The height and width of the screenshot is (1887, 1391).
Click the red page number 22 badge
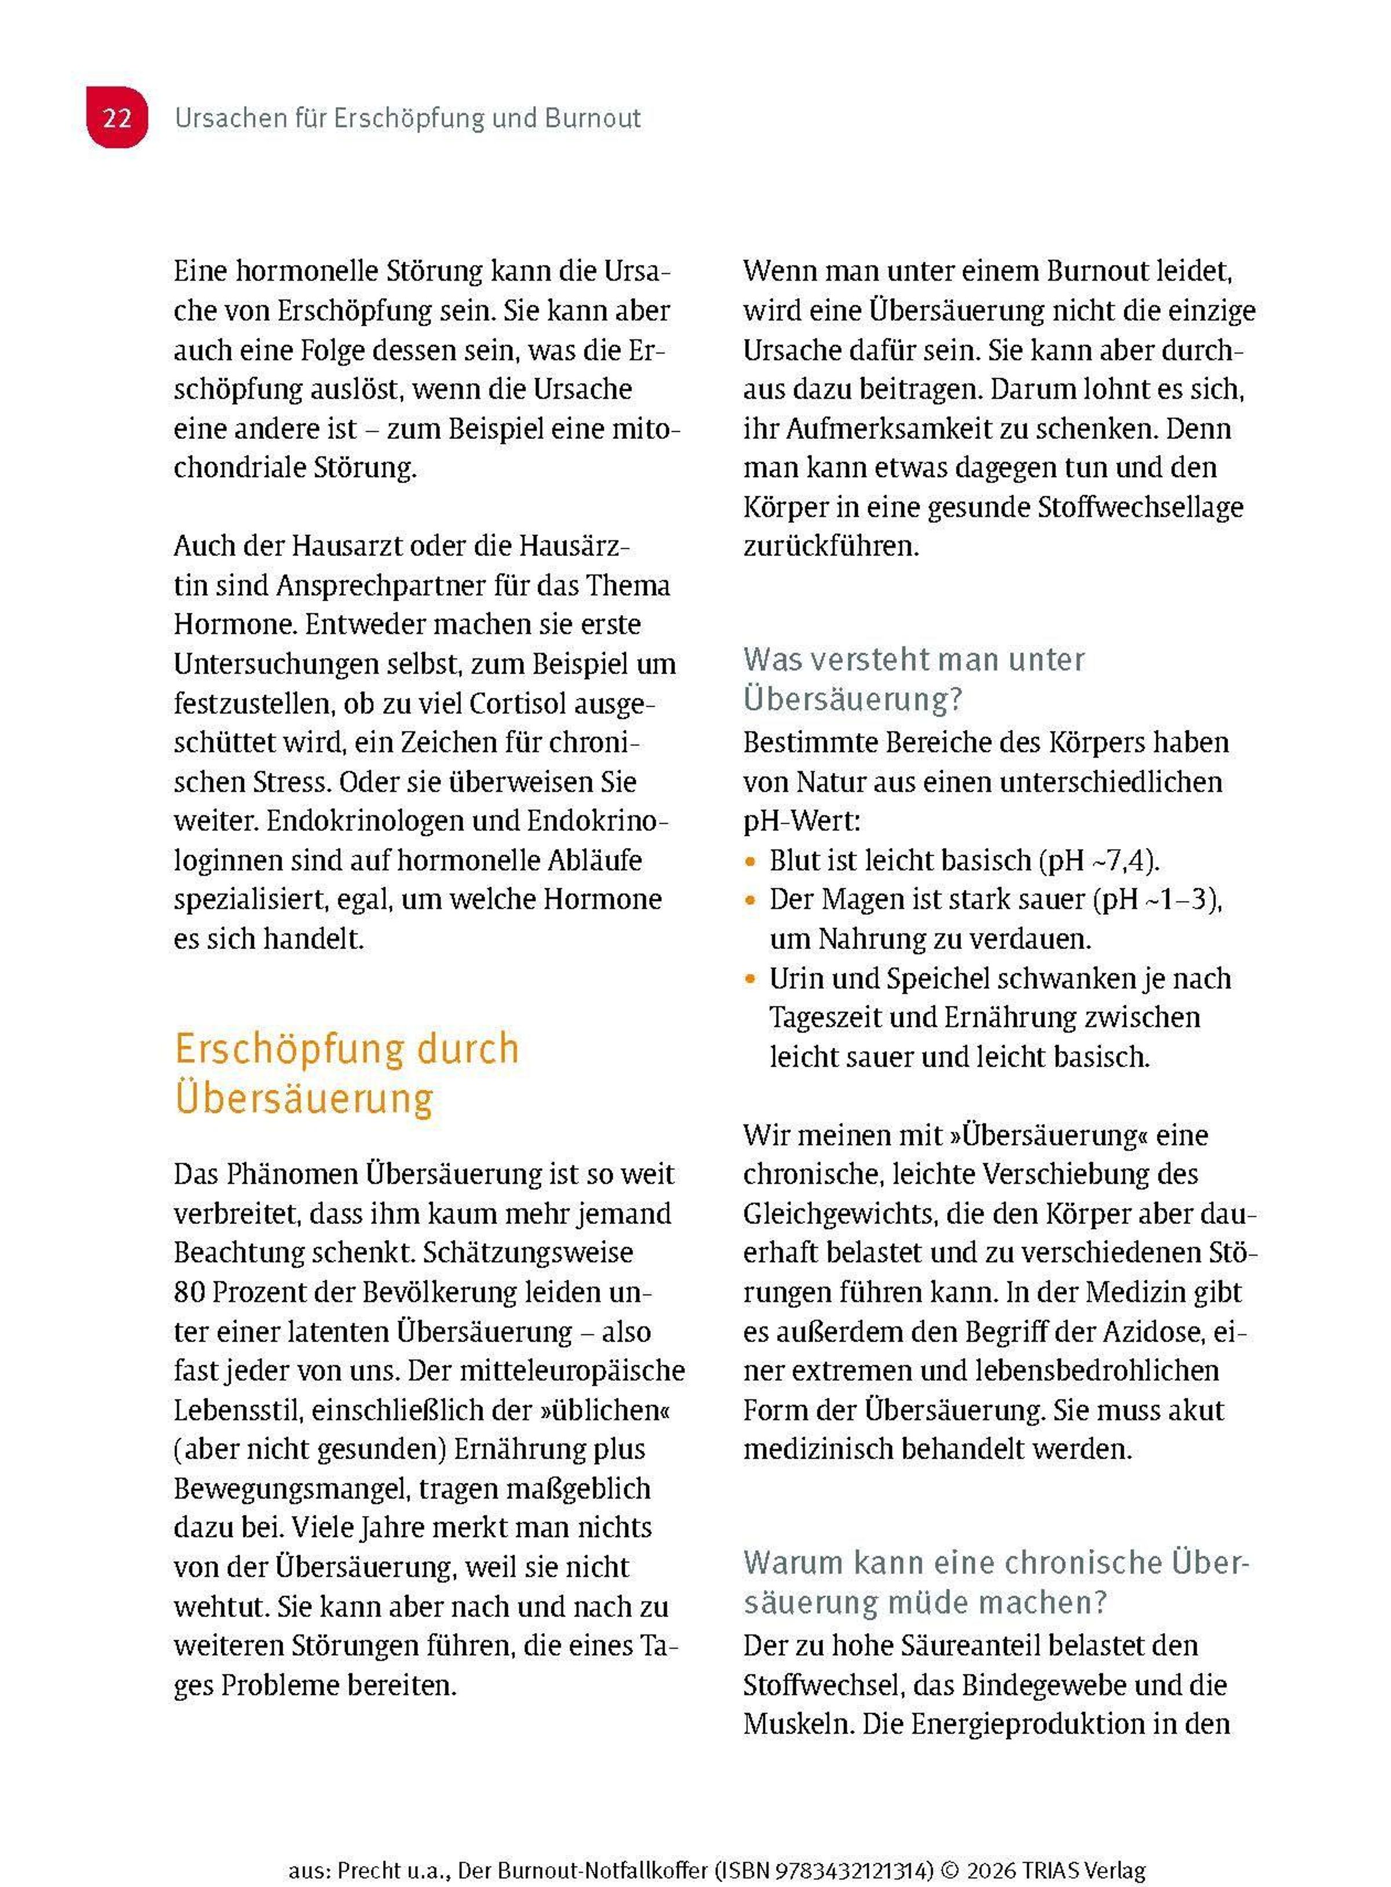[x=117, y=118]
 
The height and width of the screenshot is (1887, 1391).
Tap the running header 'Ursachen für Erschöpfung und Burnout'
[x=407, y=118]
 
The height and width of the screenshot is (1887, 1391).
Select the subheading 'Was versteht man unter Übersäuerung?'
[x=913, y=679]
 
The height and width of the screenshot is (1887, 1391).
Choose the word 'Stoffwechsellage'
[x=1139, y=507]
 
